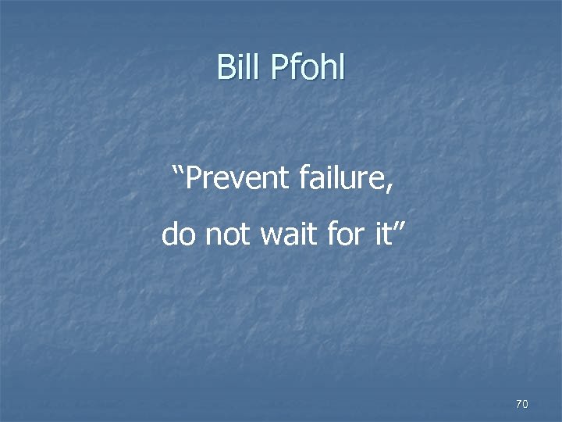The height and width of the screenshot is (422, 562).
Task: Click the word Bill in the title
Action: [x=240, y=67]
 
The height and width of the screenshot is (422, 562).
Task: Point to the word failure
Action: [x=344, y=179]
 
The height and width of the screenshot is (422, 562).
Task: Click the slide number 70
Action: [x=522, y=403]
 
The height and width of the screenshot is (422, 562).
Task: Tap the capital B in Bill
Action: [x=226, y=67]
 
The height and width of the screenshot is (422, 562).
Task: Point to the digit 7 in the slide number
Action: [x=519, y=403]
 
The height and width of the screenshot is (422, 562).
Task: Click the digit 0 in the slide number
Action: [x=525, y=403]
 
